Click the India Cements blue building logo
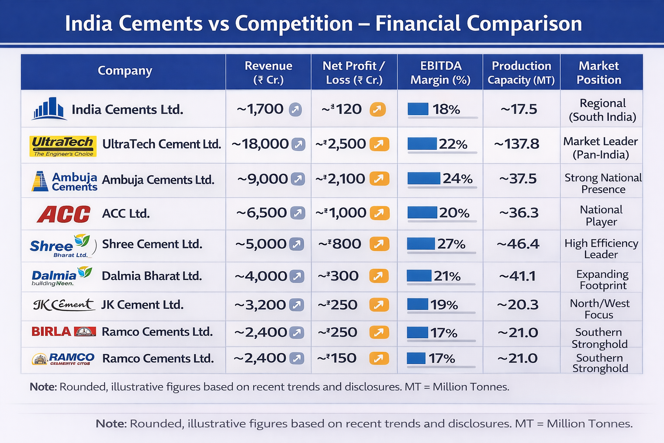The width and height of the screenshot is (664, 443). click(x=48, y=109)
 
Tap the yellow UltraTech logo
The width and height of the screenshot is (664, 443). click(x=63, y=146)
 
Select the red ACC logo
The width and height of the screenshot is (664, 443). click(x=64, y=214)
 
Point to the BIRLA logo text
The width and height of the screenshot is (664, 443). click(x=51, y=332)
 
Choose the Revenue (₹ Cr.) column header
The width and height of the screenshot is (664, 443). click(x=268, y=73)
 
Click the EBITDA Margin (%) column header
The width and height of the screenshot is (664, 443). click(x=440, y=73)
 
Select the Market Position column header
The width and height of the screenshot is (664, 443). click(x=599, y=73)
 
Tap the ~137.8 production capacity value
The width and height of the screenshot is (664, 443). click(x=517, y=144)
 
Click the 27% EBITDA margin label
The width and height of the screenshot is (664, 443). click(x=451, y=244)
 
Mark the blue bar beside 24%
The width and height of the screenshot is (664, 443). click(x=424, y=178)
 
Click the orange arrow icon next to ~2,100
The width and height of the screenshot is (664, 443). click(x=379, y=179)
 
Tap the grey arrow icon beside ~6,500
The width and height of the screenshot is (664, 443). click(x=297, y=213)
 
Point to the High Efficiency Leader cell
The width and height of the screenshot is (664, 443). click(x=601, y=249)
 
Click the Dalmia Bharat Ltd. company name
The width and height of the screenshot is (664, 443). click(x=152, y=276)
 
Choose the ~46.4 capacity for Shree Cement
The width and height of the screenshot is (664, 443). click(x=518, y=244)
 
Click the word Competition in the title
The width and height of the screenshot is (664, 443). click(x=294, y=23)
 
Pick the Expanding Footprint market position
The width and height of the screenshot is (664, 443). click(x=603, y=280)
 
